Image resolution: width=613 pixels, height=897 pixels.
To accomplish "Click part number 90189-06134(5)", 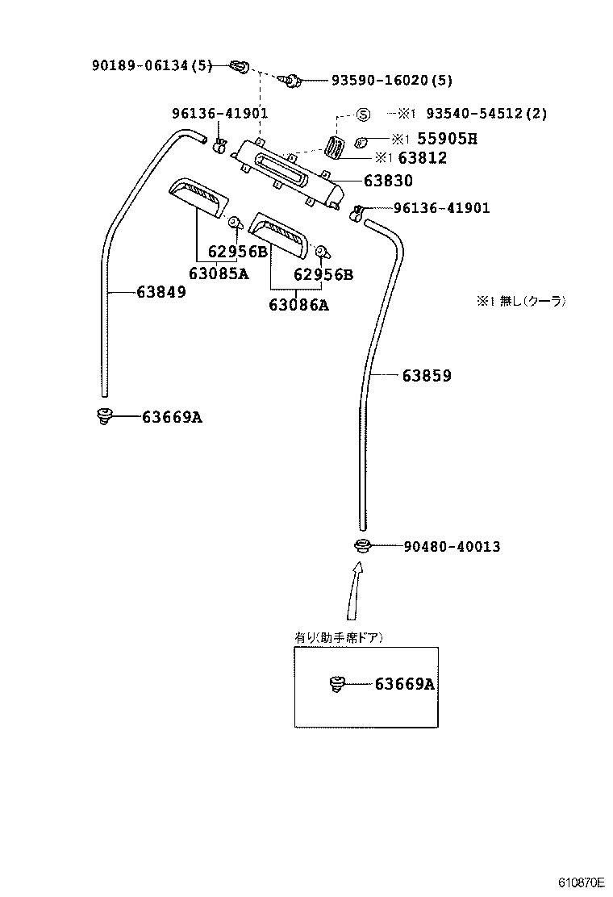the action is (x=152, y=65).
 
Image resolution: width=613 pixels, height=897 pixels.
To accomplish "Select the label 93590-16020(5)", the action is (x=392, y=80).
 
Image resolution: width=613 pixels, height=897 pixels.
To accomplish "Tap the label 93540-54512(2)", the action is (x=486, y=113).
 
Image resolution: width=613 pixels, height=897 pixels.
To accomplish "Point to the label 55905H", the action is (x=447, y=139).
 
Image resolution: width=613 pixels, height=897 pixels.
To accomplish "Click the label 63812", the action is (x=423, y=157).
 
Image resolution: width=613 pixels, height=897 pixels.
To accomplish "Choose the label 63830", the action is (x=388, y=181).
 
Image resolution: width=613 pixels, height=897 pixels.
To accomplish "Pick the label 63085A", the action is (x=219, y=273).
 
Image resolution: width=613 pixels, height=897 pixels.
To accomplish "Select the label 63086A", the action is (x=299, y=305).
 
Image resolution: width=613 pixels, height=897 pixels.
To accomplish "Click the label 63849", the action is (x=161, y=292).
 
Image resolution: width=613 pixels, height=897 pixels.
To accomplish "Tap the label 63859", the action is (x=427, y=375).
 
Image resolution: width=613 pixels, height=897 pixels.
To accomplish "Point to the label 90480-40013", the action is (x=452, y=546).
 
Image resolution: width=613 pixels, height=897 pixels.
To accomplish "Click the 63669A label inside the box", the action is (x=405, y=683).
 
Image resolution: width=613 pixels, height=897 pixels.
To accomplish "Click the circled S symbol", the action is (x=363, y=115).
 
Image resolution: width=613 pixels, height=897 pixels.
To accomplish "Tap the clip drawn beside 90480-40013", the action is (x=361, y=546).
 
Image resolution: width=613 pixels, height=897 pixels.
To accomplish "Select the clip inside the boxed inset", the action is (x=338, y=683).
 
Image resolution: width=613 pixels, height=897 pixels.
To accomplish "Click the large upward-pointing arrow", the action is (x=356, y=590).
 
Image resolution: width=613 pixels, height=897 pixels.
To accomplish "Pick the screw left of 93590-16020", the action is (x=292, y=81).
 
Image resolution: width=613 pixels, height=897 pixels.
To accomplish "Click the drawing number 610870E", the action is (x=582, y=882).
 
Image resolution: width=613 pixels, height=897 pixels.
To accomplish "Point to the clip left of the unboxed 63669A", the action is (x=104, y=416).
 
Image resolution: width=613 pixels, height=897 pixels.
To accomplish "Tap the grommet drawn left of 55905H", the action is (x=361, y=141).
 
